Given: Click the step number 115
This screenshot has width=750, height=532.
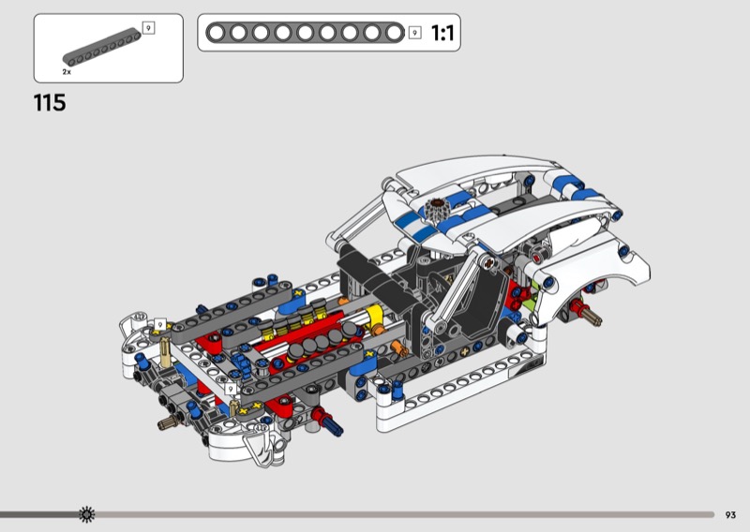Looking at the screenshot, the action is click(50, 103).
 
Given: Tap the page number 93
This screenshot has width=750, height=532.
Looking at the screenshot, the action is click(730, 515).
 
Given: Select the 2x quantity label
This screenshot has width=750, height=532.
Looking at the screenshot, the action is click(67, 72).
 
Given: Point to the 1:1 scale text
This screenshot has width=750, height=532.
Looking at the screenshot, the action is click(442, 33).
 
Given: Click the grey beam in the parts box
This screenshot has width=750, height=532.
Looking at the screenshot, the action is click(102, 48).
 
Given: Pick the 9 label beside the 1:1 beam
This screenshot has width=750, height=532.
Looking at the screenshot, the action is click(414, 33).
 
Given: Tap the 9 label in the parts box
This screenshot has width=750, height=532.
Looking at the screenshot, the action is click(149, 28).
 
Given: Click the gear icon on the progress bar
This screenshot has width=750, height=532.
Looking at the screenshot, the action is click(86, 514).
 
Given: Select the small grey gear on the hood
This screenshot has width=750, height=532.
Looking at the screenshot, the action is click(436, 208).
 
